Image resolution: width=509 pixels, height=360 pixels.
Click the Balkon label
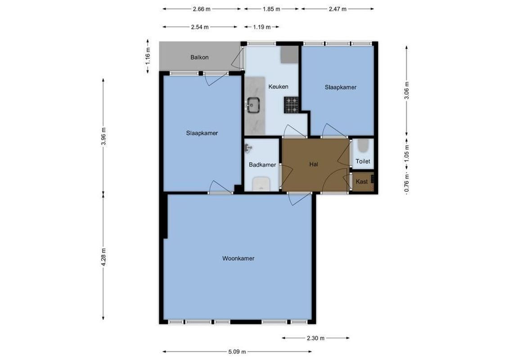[x=199, y=58]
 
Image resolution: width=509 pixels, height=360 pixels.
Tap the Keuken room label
[x=278, y=87]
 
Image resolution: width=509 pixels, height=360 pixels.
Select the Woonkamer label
[x=238, y=259]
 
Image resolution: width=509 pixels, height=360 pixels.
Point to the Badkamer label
[x=262, y=165]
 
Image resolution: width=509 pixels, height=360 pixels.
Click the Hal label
[x=314, y=165]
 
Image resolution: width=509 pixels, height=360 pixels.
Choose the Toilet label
[x=363, y=161]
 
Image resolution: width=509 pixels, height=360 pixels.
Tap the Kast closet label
[x=361, y=182]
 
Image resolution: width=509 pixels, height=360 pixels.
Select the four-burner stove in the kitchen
[x=291, y=105]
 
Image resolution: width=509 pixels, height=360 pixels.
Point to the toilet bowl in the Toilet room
[x=363, y=146]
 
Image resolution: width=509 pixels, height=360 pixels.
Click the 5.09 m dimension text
[x=237, y=351]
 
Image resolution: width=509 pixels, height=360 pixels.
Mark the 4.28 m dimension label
[x=104, y=257]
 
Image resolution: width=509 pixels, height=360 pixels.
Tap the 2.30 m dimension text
[x=315, y=338]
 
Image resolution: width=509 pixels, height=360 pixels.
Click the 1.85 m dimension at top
[x=271, y=9]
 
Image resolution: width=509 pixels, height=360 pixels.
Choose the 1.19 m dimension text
[x=261, y=27]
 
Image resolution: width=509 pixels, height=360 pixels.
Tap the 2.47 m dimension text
[x=337, y=9]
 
